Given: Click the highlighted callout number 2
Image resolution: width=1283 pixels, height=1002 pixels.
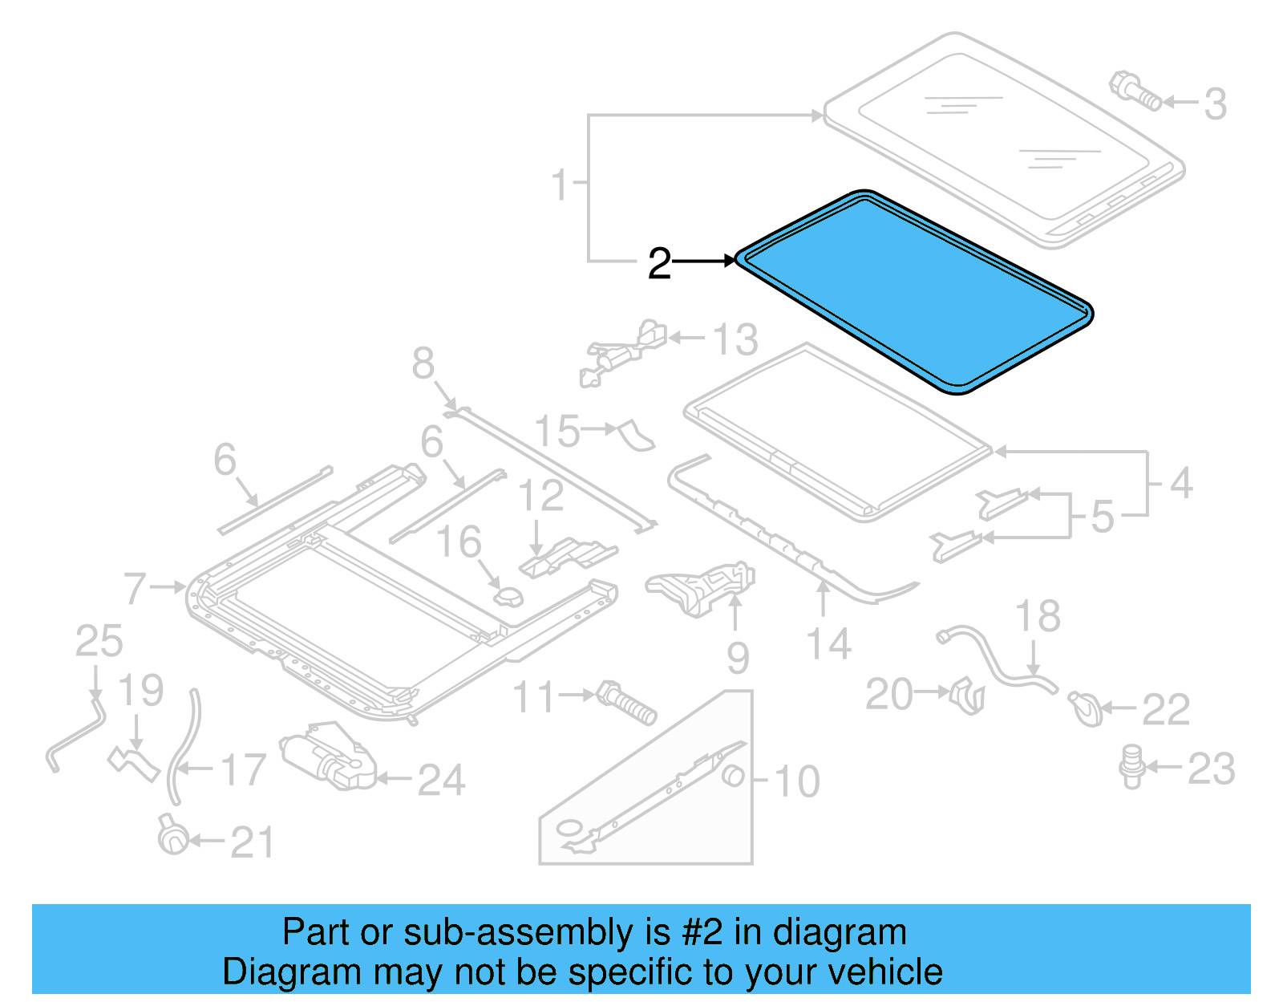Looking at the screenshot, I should [659, 263].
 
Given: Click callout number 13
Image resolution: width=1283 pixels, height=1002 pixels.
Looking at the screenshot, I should [735, 339].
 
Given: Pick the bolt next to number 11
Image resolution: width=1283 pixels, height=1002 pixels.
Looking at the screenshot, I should [627, 703].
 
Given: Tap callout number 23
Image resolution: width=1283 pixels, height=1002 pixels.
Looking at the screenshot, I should [1211, 769].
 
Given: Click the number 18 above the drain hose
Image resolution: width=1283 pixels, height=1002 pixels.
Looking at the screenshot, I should [1038, 616].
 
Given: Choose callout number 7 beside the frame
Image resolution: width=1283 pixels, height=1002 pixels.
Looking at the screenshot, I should [136, 588].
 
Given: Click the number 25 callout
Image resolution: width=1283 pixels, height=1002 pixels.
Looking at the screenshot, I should [99, 641].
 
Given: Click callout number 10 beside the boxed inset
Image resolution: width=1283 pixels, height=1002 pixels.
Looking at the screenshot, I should [797, 781].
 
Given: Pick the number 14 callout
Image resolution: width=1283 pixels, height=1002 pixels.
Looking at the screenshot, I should [828, 644].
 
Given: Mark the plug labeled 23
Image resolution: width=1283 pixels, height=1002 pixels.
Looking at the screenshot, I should [1131, 766].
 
